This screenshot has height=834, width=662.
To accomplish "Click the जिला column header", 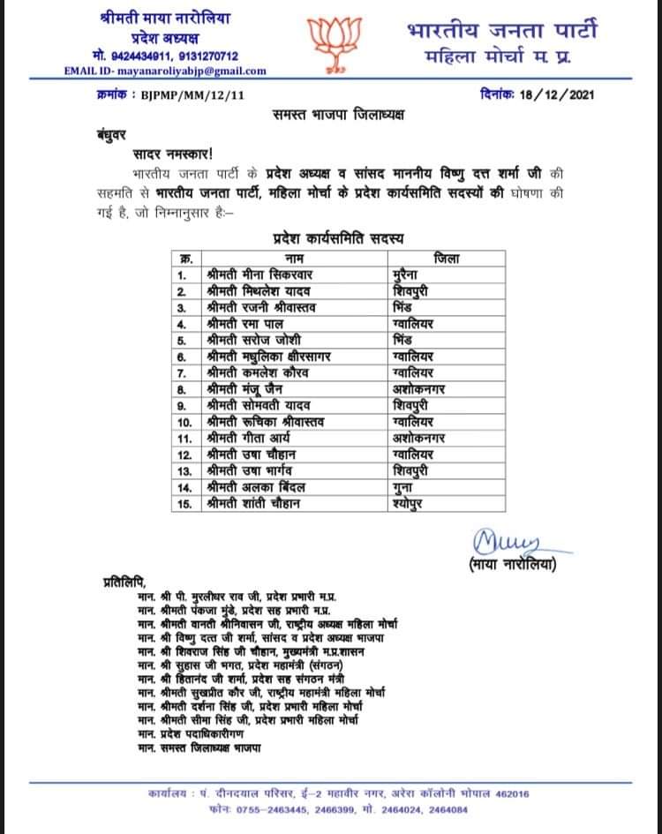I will point(446,259).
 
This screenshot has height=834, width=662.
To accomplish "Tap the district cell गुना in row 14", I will point(402,486).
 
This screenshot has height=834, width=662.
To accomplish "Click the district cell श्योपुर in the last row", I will point(410,503).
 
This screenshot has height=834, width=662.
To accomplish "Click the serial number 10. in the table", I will point(184,421).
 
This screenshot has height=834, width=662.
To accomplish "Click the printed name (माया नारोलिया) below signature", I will point(513,562).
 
